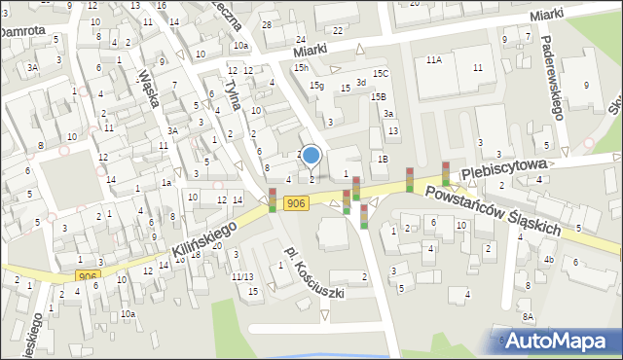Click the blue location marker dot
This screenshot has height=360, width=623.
(311, 155)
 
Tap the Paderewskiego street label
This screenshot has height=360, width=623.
(551, 77)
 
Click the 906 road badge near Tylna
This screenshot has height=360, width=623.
(296, 202)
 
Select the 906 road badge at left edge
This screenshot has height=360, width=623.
(88, 276)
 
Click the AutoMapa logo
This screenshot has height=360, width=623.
(561, 341)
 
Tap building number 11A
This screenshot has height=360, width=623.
(434, 60)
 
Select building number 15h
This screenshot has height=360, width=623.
(302, 67)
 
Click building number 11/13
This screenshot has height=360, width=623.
(242, 277)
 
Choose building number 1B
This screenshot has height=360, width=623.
(384, 159)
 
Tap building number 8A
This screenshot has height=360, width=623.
(528, 317)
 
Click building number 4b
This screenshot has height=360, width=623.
(549, 259)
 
